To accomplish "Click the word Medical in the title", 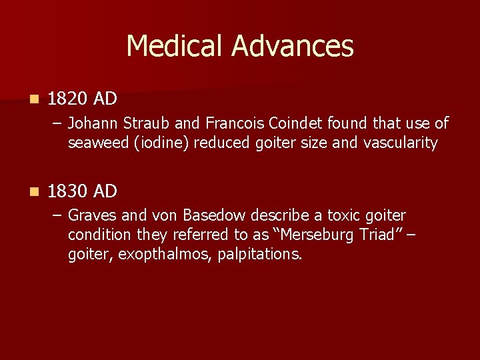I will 175,46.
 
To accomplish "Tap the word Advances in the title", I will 292,46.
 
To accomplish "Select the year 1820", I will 68,99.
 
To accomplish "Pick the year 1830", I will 68,192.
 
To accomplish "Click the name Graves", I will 91,216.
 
